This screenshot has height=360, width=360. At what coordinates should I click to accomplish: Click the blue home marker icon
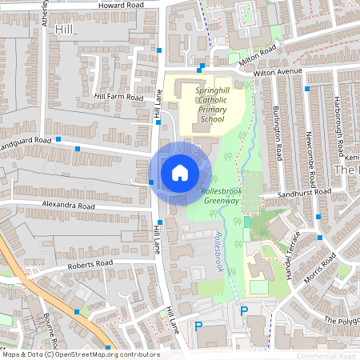(180, 172)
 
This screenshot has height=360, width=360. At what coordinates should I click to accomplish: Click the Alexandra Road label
(69, 206)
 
